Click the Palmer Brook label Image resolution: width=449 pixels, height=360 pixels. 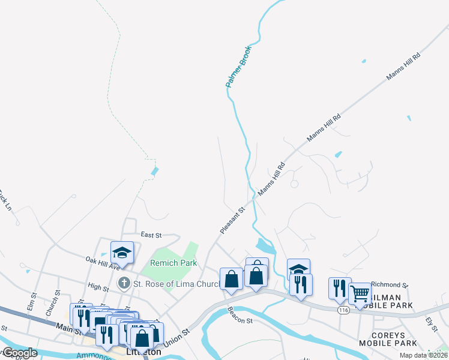point(238,67)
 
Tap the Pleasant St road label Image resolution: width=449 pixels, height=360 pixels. point(233,220)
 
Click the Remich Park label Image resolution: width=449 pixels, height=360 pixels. point(173,263)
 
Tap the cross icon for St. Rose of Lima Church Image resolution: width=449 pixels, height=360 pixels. point(124,283)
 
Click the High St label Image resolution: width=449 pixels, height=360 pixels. point(98,287)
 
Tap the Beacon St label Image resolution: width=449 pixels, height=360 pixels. point(240,316)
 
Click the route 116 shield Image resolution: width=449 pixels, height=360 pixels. point(343,310)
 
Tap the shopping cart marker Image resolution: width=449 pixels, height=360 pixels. point(360,294)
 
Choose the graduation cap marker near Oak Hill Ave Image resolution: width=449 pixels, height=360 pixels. point(122,253)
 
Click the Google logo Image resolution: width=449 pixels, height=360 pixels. point(20,353)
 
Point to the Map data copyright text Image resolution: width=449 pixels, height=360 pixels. point(424,355)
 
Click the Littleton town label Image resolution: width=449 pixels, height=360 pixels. point(144,352)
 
